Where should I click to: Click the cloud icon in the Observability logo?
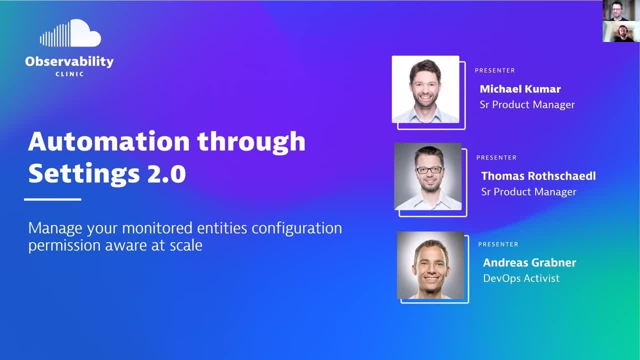[x=70, y=34]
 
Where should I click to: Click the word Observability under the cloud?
[x=69, y=62]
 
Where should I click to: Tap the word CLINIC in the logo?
[x=69, y=74]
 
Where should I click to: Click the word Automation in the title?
[x=108, y=141]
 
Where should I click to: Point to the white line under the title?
[x=52, y=199]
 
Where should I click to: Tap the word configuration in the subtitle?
[x=296, y=228]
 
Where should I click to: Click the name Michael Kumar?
[x=520, y=89]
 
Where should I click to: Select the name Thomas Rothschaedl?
[x=538, y=176]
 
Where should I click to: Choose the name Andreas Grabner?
[x=529, y=262]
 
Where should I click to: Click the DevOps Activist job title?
[x=521, y=278]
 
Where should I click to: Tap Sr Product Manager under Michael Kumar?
[x=527, y=104]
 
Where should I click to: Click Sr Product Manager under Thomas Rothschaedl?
[x=528, y=192]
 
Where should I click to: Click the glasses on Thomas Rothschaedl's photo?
[x=429, y=170]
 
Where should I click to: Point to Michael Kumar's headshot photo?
[x=425, y=89]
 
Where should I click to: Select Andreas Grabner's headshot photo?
[x=430, y=265]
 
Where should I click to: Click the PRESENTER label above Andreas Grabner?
[x=498, y=244]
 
